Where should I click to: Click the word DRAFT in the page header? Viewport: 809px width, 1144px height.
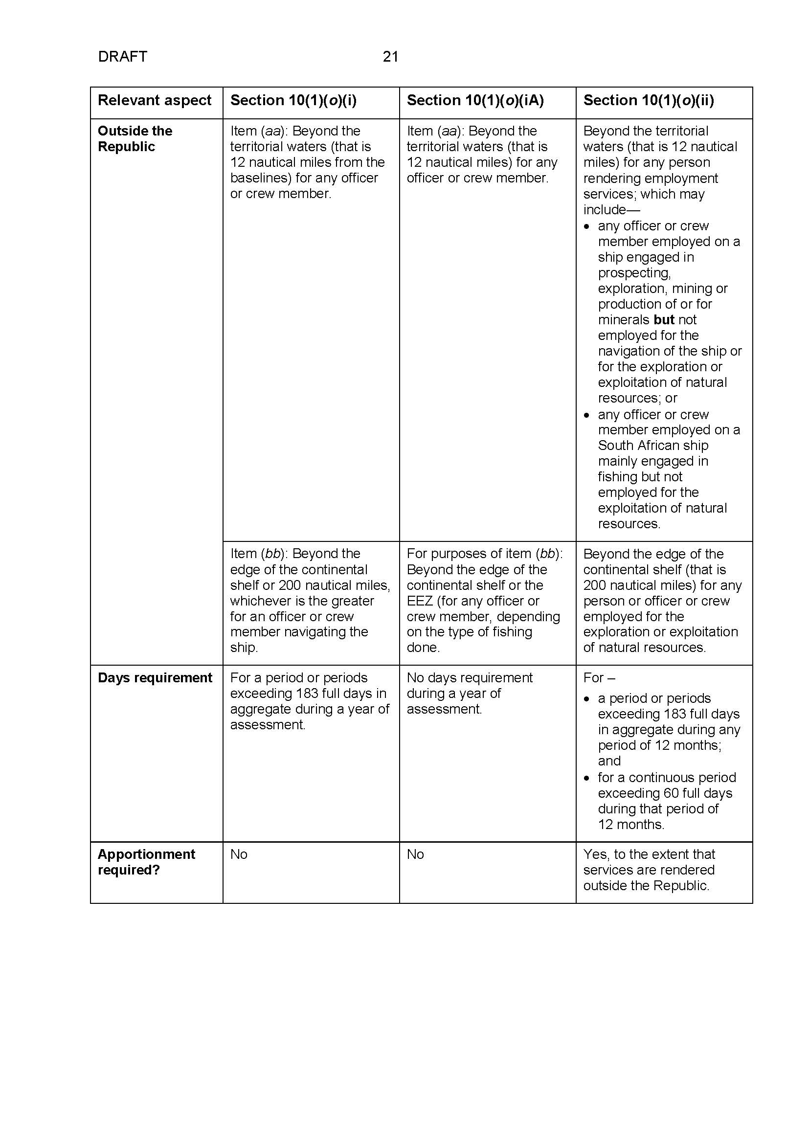[x=123, y=57]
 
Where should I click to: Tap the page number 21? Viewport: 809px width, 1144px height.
[x=390, y=57]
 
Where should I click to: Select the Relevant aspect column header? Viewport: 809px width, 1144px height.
[x=155, y=101]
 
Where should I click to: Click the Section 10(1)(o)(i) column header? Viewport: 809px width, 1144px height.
[x=293, y=101]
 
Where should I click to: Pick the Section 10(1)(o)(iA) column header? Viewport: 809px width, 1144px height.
[x=475, y=101]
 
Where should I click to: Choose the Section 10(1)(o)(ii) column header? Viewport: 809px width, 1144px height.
[x=649, y=101]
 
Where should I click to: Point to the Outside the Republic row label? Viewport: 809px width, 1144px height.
[x=135, y=138]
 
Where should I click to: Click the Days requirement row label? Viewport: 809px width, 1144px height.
[x=155, y=677]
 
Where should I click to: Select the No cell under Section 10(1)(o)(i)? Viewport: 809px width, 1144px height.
[x=239, y=854]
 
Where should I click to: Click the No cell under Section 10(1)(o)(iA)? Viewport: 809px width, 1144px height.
[x=415, y=854]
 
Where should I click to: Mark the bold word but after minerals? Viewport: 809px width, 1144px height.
[x=664, y=320]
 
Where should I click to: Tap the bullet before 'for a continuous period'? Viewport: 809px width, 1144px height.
[x=587, y=778]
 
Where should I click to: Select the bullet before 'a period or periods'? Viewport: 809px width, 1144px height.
[x=587, y=699]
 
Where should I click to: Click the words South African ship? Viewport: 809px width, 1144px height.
[x=653, y=446]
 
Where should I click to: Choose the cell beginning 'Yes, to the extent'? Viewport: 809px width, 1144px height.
[x=649, y=870]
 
